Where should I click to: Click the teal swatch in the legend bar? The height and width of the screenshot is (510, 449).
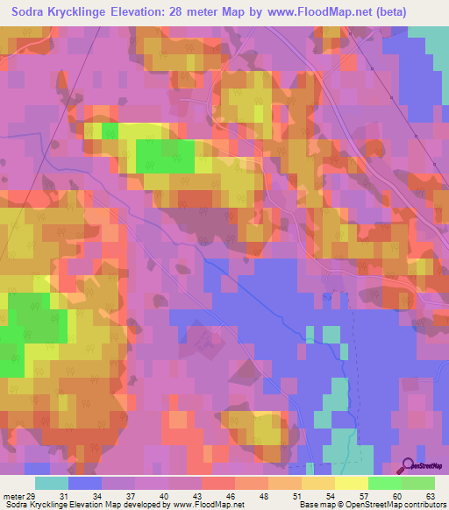click(x=52, y=483)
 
